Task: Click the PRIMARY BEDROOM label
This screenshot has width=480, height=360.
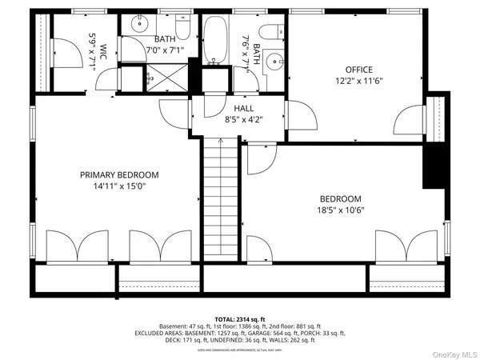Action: click(x=118, y=174)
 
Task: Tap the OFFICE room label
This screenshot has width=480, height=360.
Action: click(x=358, y=70)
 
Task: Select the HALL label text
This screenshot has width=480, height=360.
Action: click(x=244, y=108)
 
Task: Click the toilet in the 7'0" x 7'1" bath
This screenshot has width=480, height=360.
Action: click(x=182, y=29)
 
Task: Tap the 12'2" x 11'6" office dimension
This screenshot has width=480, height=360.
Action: click(x=358, y=81)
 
